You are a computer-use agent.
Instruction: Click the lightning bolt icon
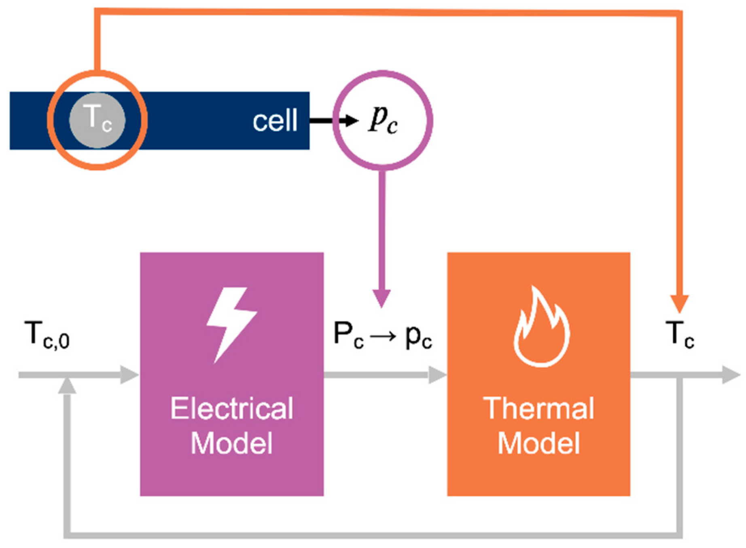231,323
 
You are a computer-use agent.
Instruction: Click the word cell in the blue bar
275,120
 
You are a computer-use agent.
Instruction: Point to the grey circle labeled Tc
97,120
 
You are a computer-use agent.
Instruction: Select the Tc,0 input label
47,335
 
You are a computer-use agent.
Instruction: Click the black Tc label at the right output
680,335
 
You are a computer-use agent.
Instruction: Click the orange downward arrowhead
680,304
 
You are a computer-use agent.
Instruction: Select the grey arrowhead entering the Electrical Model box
129,375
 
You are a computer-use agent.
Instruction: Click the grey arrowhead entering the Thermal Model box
437,375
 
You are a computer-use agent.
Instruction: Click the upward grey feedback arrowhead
67,386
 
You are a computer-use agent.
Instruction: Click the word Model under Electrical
232,443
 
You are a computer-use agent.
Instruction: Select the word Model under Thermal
538,443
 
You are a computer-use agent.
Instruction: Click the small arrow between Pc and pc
383,336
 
